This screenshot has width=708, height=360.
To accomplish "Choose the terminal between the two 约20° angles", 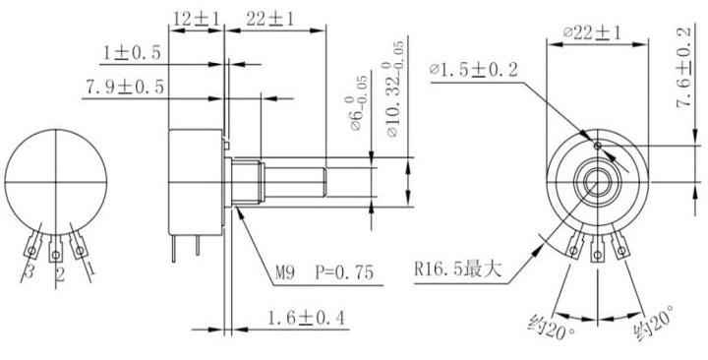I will click(x=597, y=253).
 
